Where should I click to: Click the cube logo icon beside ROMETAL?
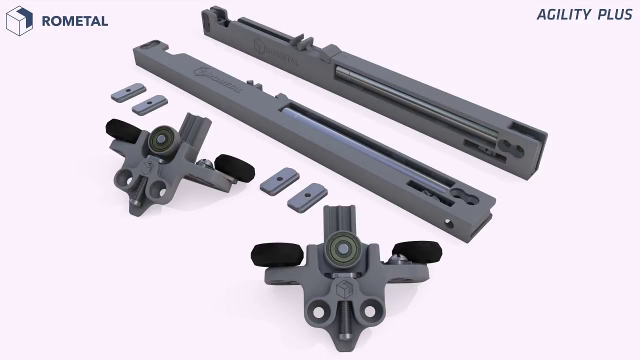click(19, 21)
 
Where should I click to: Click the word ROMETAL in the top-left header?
click(75, 21)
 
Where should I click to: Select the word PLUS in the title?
click(615, 14)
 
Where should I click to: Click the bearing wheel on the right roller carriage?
click(342, 249)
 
